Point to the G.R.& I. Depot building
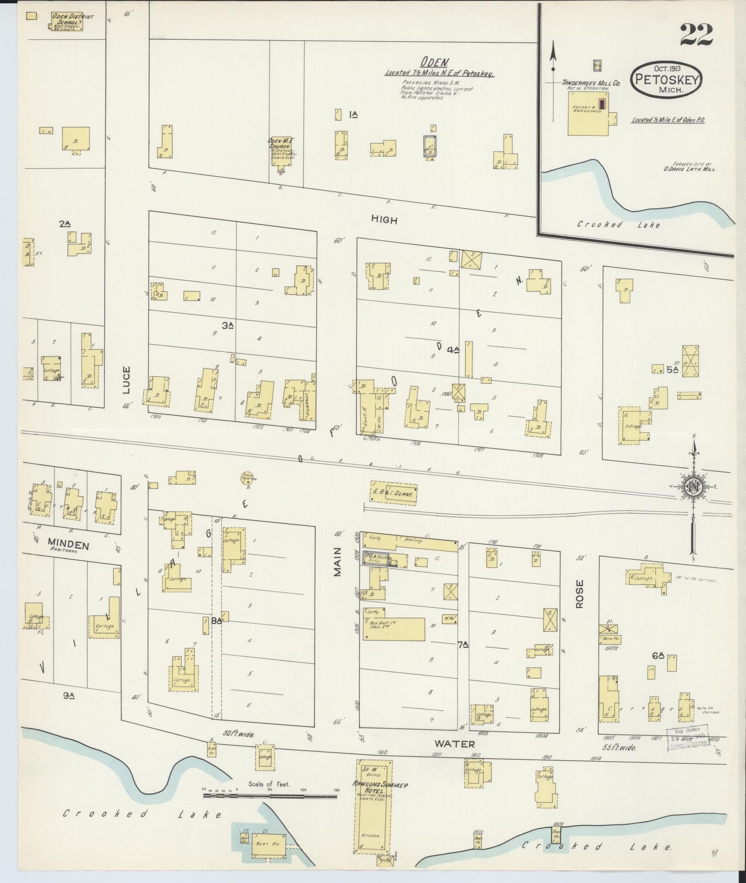[394, 493]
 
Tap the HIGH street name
[384, 220]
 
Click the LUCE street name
[127, 379]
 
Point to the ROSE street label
[580, 594]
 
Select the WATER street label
[455, 744]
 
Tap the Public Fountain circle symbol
[247, 479]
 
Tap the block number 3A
[228, 325]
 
